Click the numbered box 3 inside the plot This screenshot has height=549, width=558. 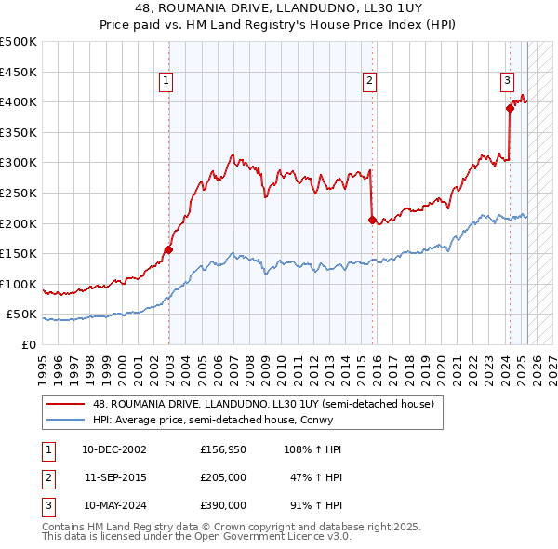click(x=508, y=80)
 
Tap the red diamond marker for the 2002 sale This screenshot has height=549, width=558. click(x=168, y=248)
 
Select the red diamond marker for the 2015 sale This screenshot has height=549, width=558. click(x=372, y=220)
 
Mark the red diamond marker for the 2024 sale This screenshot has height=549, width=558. click(x=510, y=108)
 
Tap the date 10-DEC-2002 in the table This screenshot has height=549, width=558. click(x=114, y=449)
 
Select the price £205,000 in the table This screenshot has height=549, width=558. click(x=223, y=477)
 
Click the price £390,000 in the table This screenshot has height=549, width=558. click(x=223, y=505)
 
